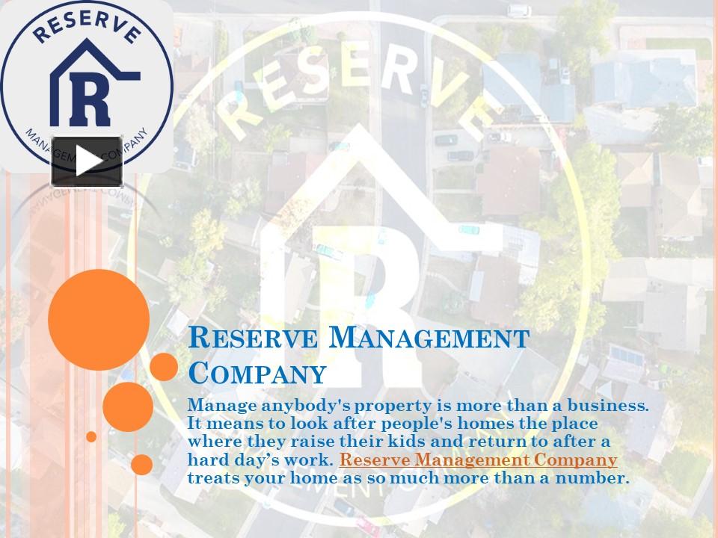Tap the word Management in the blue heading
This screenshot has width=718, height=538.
point(429,338)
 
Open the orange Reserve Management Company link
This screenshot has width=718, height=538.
point(478,460)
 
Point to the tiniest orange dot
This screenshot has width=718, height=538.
point(91,436)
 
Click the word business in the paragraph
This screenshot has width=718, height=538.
point(603,406)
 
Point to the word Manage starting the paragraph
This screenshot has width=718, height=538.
point(218,406)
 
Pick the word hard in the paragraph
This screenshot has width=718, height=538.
point(206,460)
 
